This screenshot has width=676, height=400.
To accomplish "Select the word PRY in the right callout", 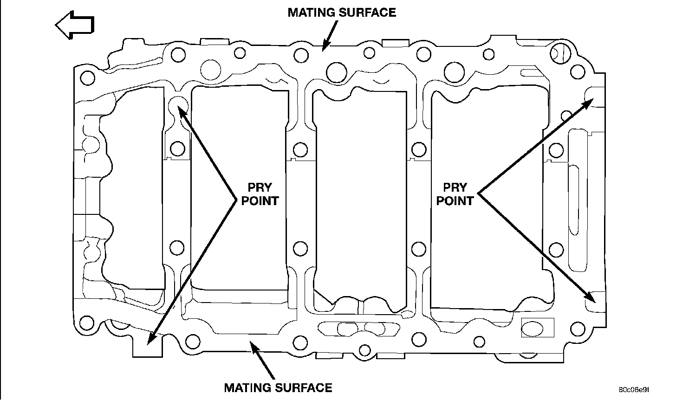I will (455, 188).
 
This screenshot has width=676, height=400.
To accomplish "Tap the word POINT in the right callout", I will (455, 201).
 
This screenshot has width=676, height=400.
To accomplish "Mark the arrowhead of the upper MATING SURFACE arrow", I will (325, 45).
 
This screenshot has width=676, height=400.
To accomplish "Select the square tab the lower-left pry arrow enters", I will (148, 346).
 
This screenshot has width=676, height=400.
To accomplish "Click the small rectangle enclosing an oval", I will (538, 328).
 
